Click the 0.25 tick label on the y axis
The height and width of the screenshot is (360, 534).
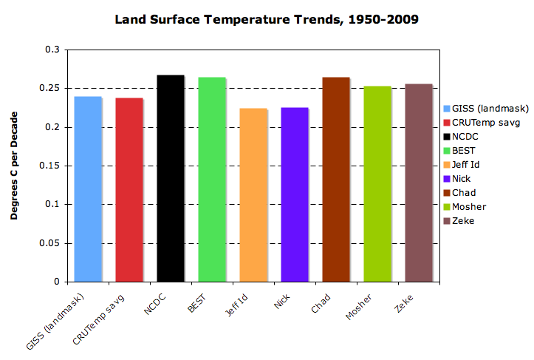[x=51, y=89]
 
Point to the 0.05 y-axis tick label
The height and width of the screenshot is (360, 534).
[x=51, y=243]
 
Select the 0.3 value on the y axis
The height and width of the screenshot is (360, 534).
[x=55, y=50]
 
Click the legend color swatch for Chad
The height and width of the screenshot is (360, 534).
[x=447, y=193]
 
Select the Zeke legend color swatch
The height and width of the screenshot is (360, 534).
[x=447, y=221]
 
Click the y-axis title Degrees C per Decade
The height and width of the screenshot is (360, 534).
[x=16, y=166]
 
